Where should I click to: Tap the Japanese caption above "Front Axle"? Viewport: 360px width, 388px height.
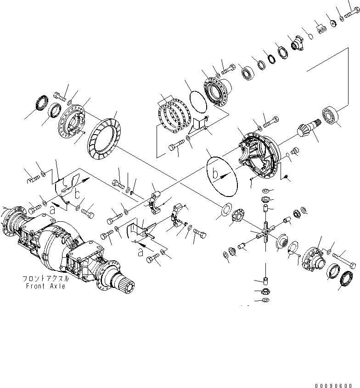45,279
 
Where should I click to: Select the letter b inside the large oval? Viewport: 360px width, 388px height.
218,174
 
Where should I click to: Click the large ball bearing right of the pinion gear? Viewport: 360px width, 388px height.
330,114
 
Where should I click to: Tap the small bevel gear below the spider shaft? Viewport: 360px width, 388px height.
266,291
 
